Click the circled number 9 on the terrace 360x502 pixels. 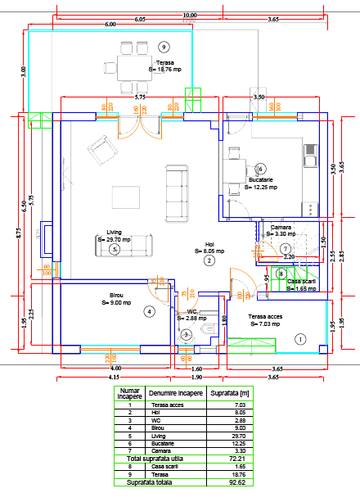point(164,47)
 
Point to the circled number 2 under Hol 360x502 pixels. point(209,260)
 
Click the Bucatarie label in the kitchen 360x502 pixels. point(260,179)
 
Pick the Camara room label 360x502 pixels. point(281,227)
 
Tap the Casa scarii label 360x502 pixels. point(301,282)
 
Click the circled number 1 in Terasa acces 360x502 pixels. point(299,338)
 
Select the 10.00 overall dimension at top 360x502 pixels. point(189,14)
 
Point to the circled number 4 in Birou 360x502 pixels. point(149,311)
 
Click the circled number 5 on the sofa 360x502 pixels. point(115,249)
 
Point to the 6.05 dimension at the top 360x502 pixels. point(140,18)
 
